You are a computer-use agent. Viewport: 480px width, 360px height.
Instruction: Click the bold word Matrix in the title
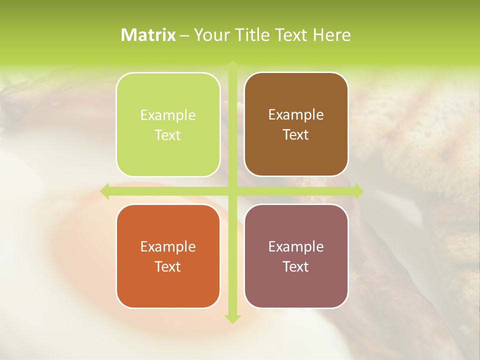pyautogui.click(x=148, y=35)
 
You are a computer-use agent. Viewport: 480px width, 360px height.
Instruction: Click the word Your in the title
pyautogui.click(x=209, y=35)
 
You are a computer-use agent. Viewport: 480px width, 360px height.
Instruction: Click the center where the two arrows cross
pyautogui.click(x=232, y=190)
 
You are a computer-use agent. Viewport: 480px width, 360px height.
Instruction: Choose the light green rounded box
pyautogui.click(x=168, y=124)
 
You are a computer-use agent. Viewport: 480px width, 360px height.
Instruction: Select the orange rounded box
pyautogui.click(x=168, y=256)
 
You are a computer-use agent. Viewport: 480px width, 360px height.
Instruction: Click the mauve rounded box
pyautogui.click(x=296, y=256)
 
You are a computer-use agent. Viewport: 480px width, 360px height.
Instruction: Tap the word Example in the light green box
pyautogui.click(x=168, y=115)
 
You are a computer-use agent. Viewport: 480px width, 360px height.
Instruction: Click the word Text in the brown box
pyautogui.click(x=296, y=134)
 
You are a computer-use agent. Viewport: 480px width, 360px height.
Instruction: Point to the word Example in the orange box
pyautogui.click(x=168, y=247)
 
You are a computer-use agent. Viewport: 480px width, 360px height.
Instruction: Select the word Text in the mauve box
pyautogui.click(x=296, y=266)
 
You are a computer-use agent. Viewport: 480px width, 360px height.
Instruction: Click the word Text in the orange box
pyautogui.click(x=168, y=266)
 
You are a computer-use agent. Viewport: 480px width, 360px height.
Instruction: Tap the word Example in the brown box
pyautogui.click(x=296, y=115)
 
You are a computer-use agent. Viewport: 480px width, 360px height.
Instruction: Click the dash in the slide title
pyautogui.click(x=184, y=35)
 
